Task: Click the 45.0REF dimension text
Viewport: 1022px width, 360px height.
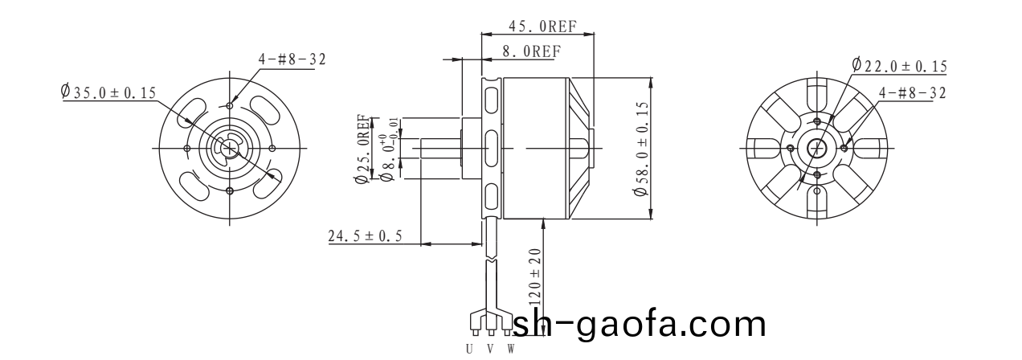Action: [542, 26]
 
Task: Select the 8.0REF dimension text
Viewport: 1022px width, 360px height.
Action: [530, 51]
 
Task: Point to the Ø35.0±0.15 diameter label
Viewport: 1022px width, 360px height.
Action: [108, 92]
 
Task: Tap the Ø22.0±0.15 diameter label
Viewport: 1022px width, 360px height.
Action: [899, 66]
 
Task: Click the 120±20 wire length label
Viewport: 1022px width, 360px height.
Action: [535, 278]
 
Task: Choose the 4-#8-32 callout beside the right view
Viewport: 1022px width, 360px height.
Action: [912, 92]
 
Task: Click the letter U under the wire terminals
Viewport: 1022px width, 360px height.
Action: [469, 350]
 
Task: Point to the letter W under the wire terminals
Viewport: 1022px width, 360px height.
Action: [509, 350]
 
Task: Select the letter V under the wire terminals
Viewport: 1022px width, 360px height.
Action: [489, 350]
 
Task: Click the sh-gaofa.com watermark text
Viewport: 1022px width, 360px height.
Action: [639, 325]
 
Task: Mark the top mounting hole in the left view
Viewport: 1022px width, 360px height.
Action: [231, 105]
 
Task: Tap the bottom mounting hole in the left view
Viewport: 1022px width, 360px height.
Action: [231, 190]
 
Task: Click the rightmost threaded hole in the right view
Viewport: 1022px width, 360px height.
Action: [844, 148]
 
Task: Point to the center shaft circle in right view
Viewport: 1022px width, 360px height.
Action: [817, 148]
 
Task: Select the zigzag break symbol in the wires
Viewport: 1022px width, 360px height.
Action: [490, 262]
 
